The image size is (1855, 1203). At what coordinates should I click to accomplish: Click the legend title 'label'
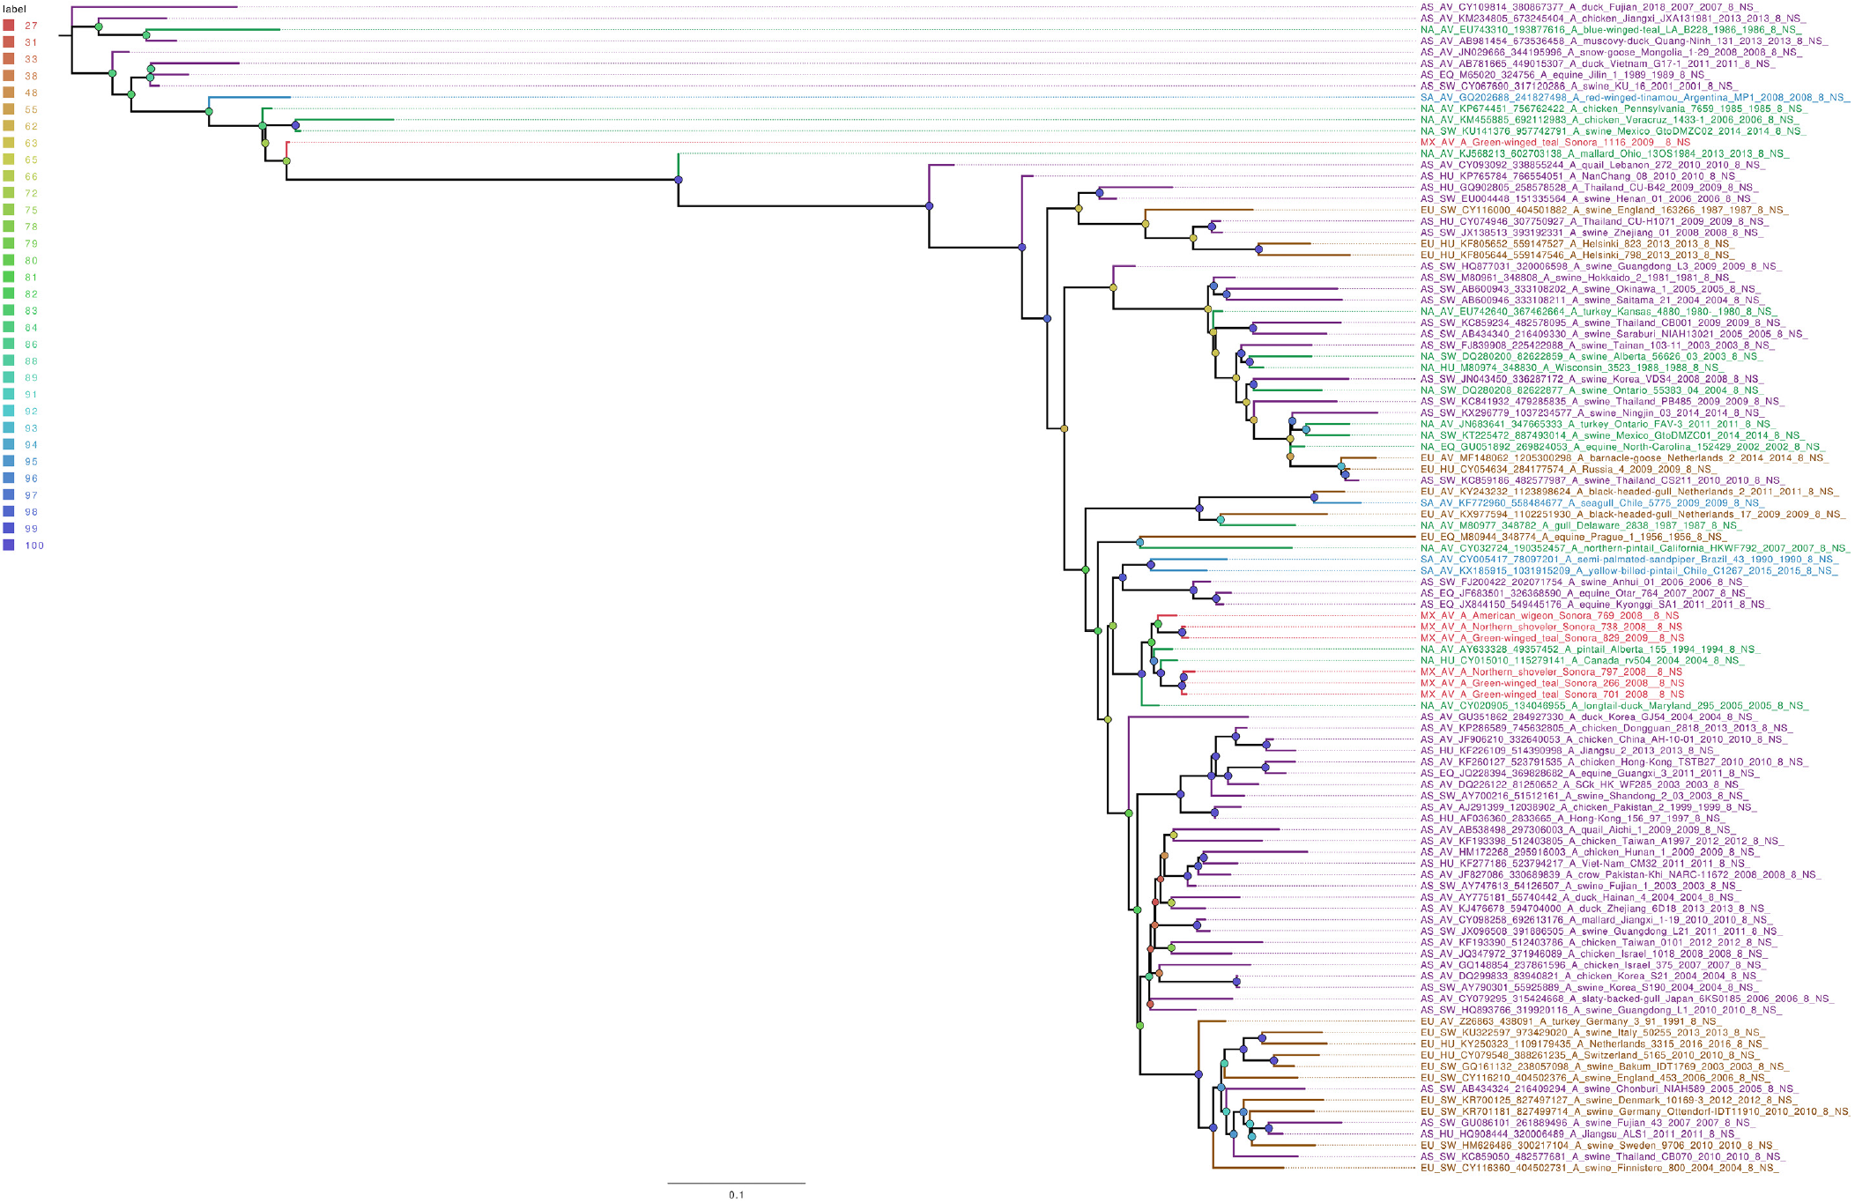14,9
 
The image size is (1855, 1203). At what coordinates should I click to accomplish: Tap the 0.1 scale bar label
736,1195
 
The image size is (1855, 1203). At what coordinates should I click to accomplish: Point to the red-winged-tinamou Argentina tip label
1635,98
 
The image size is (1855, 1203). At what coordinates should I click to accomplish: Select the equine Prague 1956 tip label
1573,537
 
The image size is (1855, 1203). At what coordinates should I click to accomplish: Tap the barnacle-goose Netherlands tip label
1622,458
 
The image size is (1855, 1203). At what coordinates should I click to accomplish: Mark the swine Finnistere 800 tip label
1599,1169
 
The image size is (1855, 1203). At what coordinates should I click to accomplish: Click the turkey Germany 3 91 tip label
1569,1021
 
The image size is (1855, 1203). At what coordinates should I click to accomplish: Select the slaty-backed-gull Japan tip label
1627,999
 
